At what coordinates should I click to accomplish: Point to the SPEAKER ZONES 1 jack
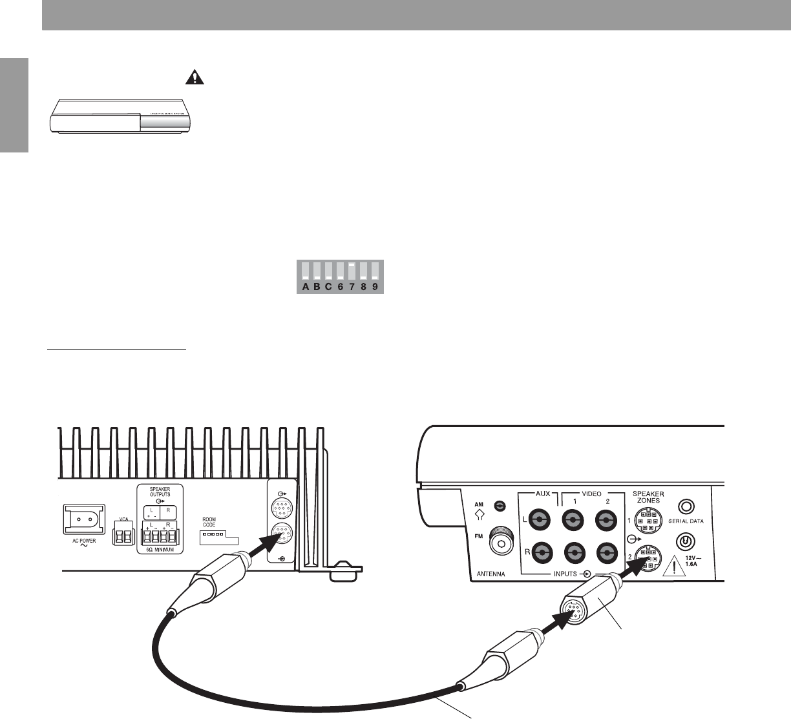[648, 519]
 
